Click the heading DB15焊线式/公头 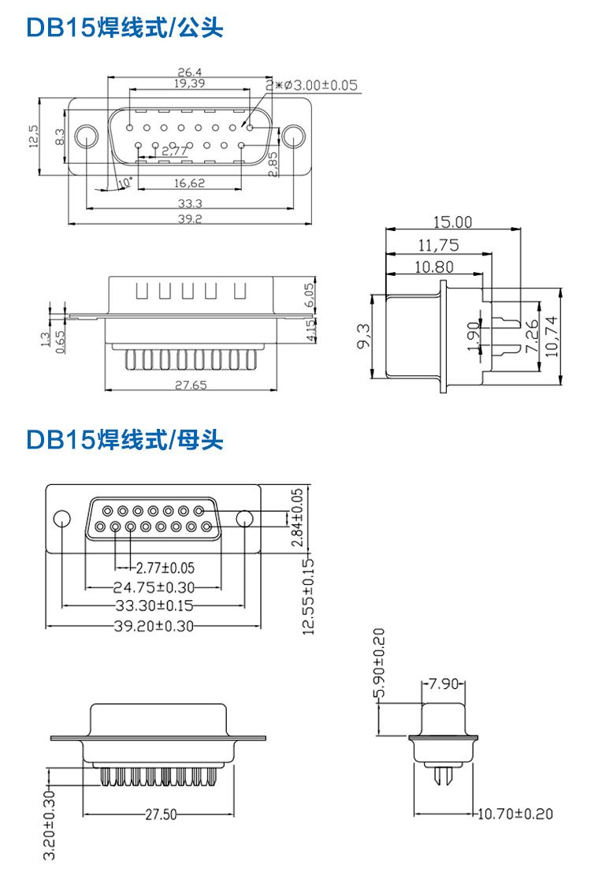[125, 28]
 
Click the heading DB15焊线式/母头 [125, 439]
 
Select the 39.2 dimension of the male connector [189, 218]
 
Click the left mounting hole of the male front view [86, 136]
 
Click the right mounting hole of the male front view [293, 136]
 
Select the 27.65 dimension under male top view [188, 385]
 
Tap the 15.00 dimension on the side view [452, 223]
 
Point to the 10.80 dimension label [433, 267]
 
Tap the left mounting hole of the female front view [61, 518]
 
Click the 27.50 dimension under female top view [160, 815]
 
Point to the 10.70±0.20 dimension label [513, 814]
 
